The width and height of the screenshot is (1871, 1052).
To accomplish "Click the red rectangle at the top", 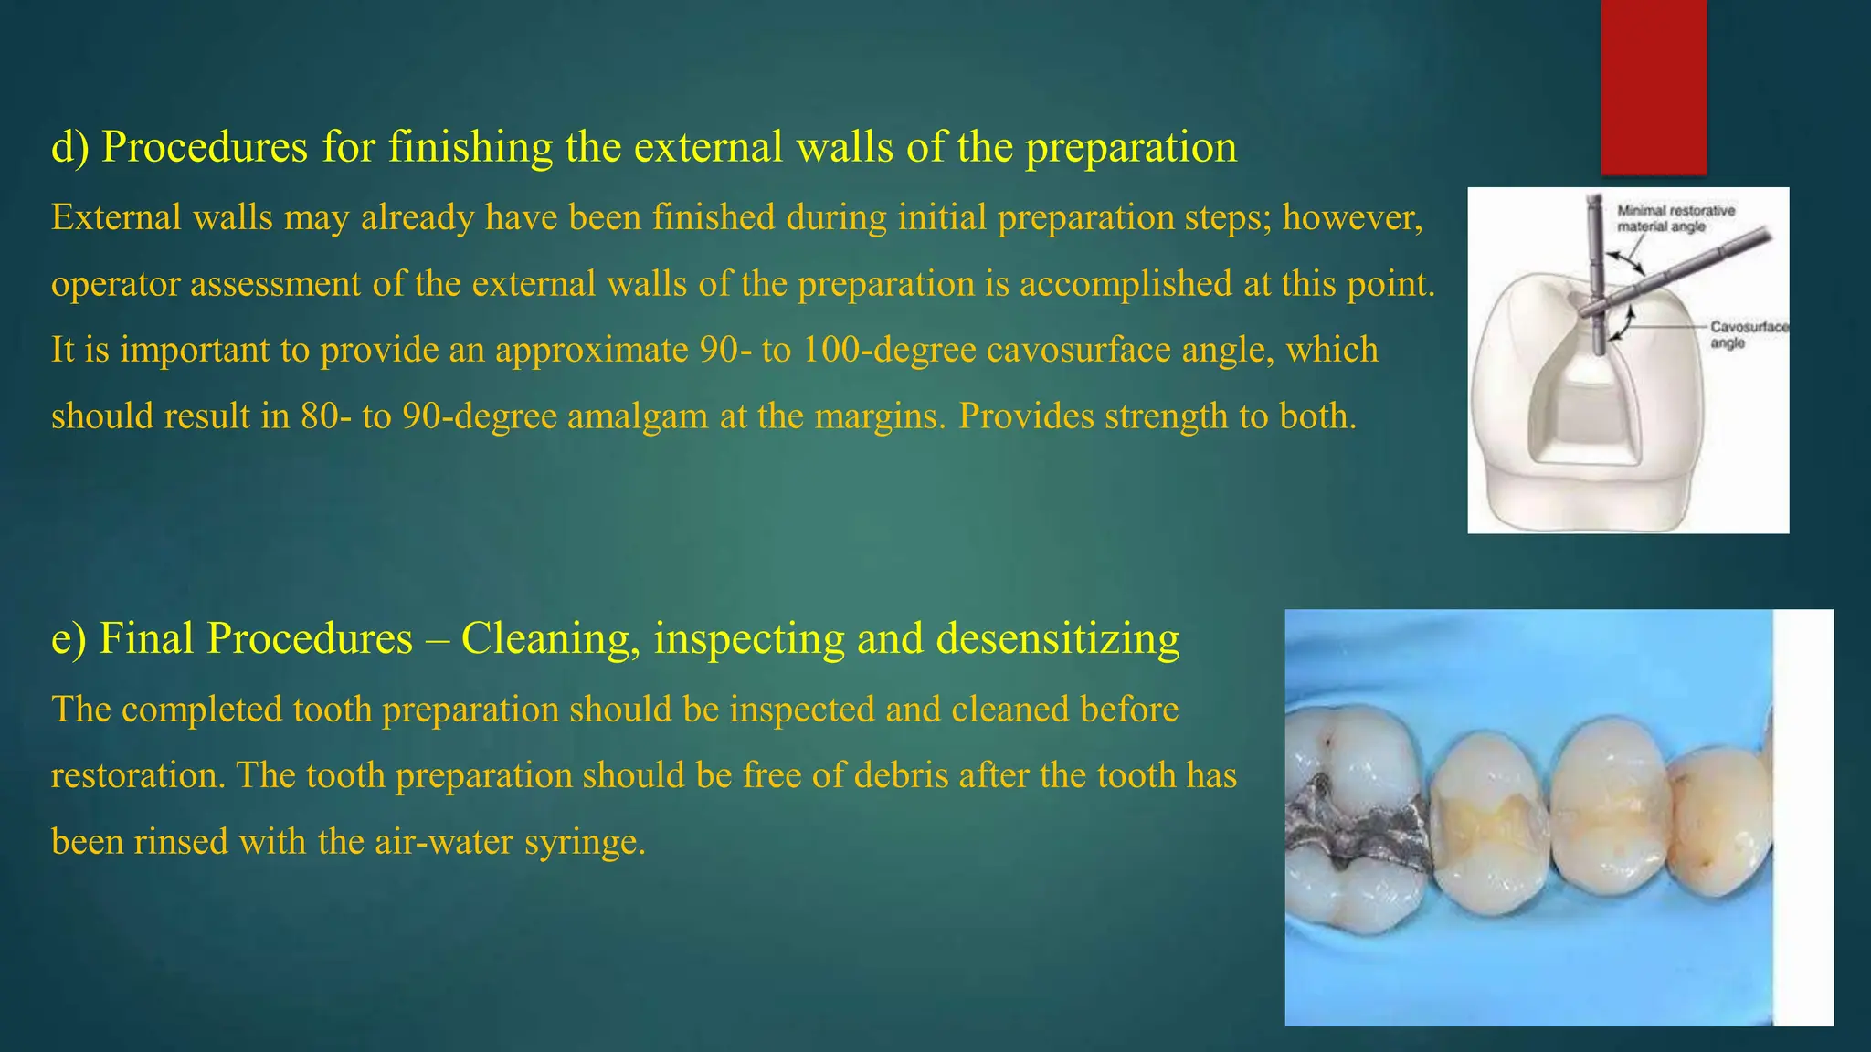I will tap(1654, 87).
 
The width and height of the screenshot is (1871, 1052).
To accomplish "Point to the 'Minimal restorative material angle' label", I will tap(1675, 218).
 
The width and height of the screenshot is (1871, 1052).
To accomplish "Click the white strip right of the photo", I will tap(1802, 817).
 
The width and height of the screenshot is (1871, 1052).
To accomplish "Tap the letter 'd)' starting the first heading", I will tap(69, 148).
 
